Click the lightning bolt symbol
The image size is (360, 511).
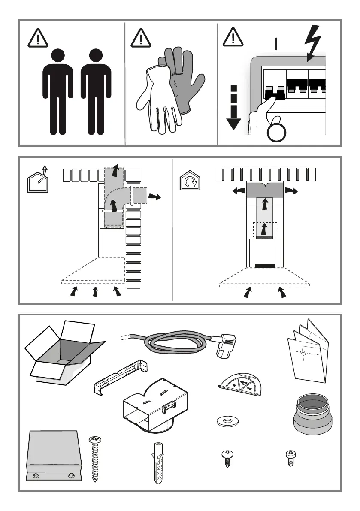point(313,43)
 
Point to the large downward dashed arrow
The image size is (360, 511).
point(233,107)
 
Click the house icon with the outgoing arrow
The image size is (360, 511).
point(38,180)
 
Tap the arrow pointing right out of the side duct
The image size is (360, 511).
point(155,196)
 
